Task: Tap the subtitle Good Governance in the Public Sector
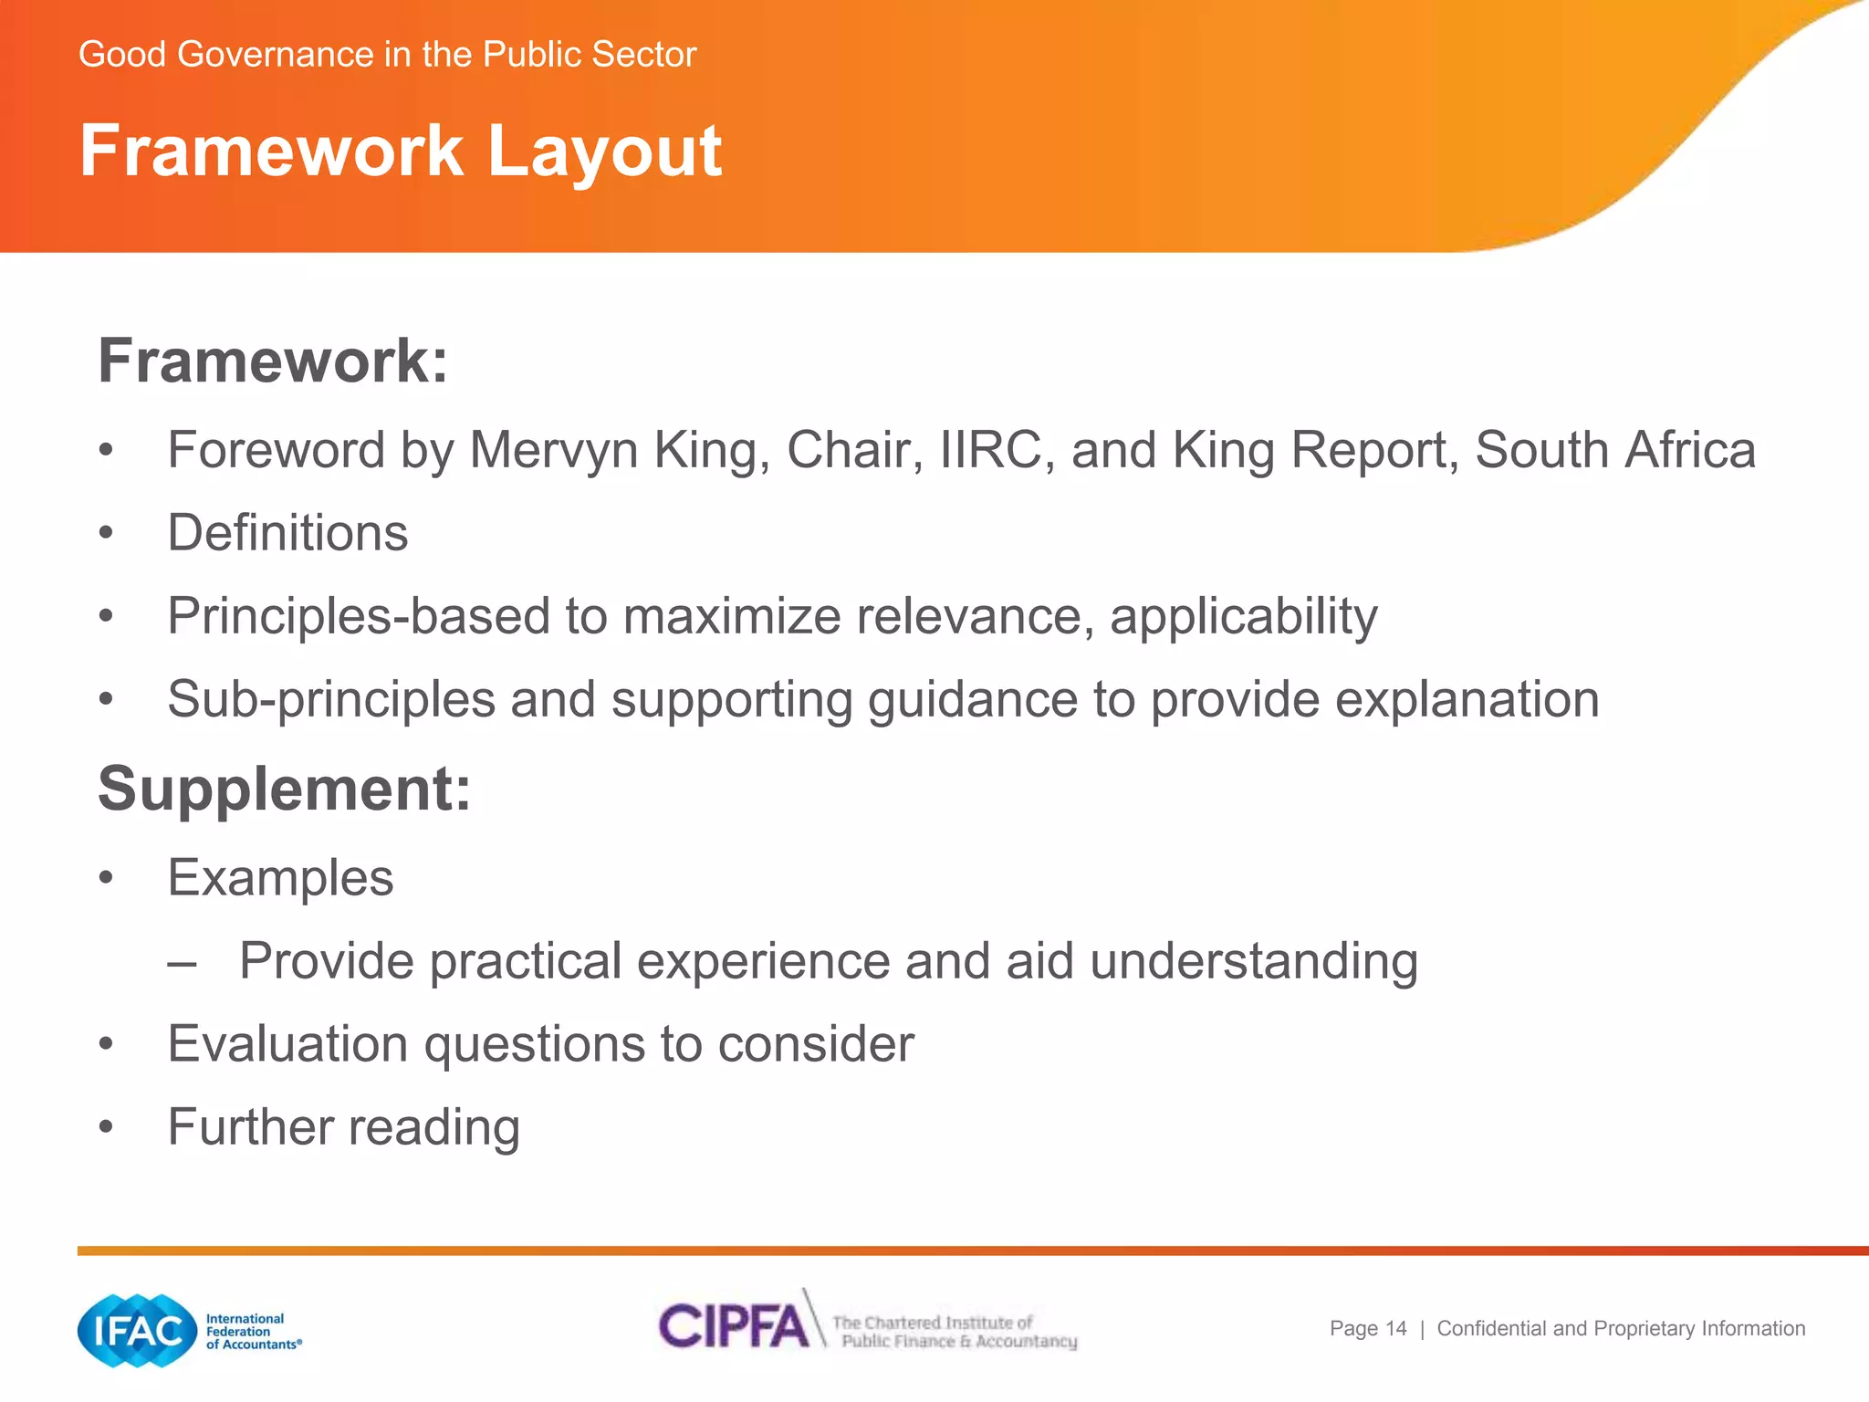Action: point(387,55)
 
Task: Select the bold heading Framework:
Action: point(273,361)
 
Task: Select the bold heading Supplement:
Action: point(284,789)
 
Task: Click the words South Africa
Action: point(1614,450)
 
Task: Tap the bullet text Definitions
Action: point(287,533)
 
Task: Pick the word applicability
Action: point(1243,616)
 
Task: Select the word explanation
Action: point(1467,700)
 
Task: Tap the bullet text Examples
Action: point(280,878)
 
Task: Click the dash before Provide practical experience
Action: point(182,963)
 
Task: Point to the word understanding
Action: point(1253,962)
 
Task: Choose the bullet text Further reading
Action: point(343,1127)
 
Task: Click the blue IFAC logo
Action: point(138,1331)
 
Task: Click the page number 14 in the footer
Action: point(1395,1329)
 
